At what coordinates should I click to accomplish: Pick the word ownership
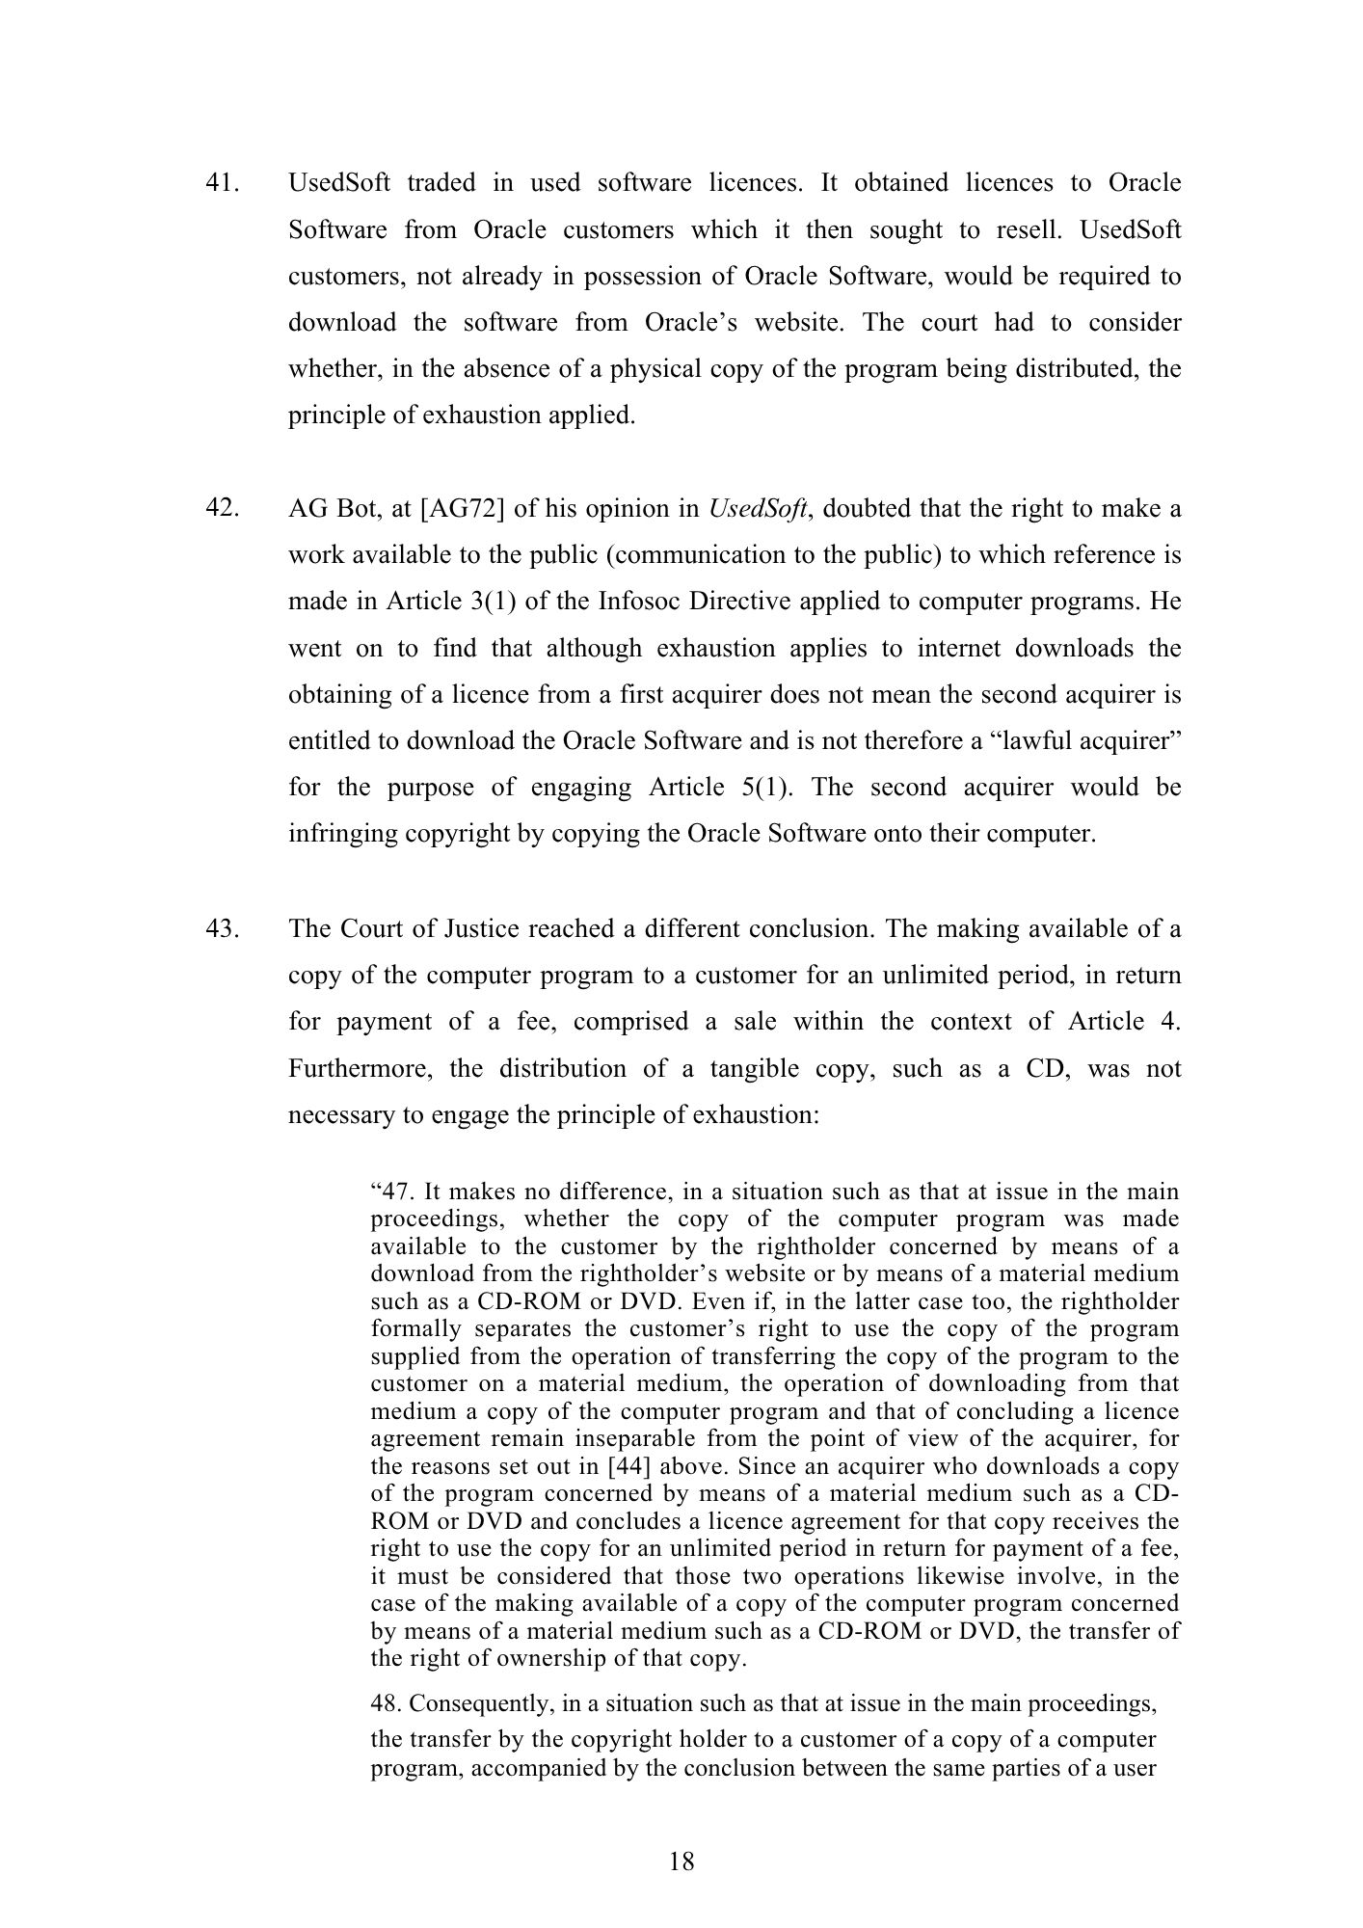coord(558,1659)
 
